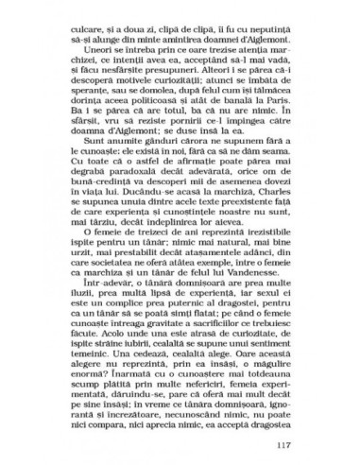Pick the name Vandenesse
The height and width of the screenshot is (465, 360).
click(253, 286)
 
